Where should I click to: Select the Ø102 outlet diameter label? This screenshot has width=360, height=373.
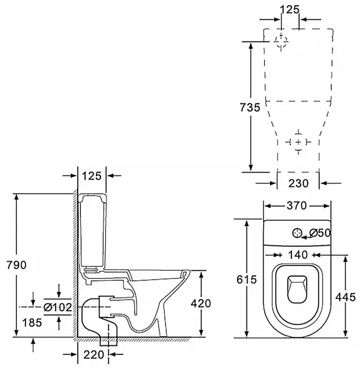coord(59,307)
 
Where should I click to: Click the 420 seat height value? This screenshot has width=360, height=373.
coord(200,303)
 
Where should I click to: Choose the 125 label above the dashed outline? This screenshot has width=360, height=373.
coord(289,9)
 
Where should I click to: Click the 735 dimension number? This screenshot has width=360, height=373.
coord(250,108)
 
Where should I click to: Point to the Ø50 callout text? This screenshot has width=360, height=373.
coord(321,232)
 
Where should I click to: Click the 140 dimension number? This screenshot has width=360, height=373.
coord(298,255)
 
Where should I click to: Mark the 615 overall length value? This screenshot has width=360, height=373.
coord(246,279)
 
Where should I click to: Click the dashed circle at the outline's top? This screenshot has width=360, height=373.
coord(281,42)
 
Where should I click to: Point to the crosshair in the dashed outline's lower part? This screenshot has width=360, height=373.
coord(298,141)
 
